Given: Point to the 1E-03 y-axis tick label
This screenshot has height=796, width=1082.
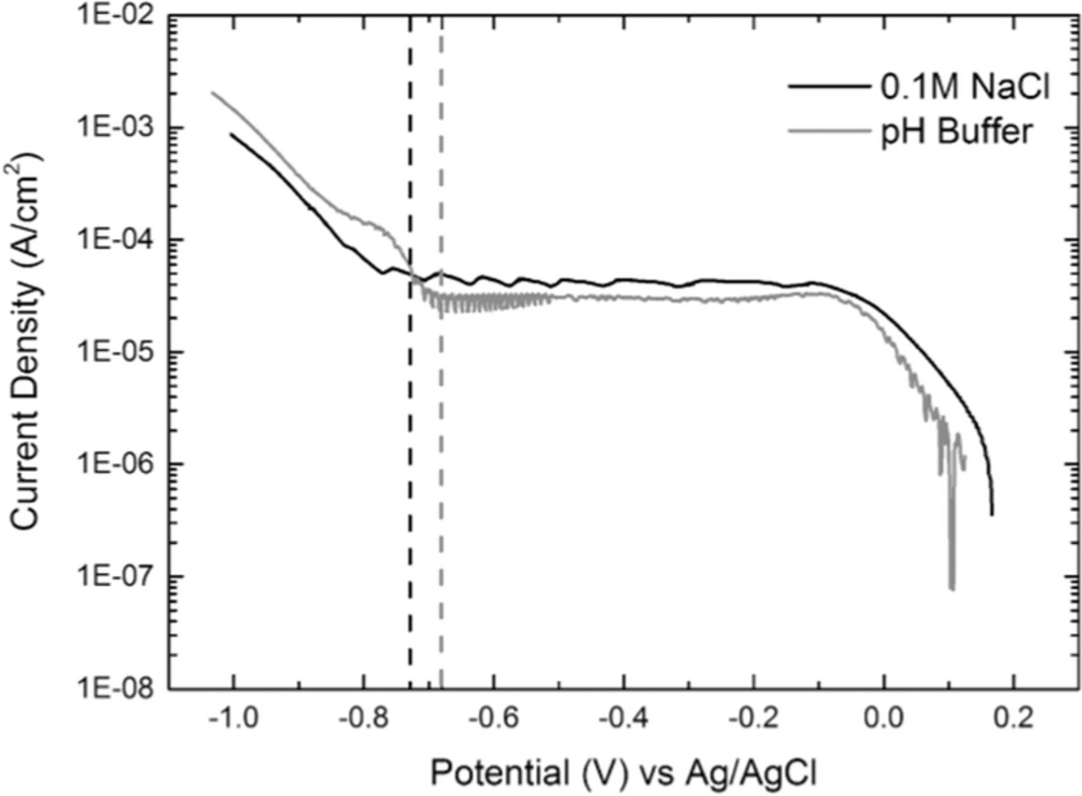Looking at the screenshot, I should click(114, 128).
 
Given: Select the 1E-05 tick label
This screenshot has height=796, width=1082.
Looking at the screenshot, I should click(114, 352).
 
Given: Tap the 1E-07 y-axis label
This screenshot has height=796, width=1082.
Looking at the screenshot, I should click(114, 577).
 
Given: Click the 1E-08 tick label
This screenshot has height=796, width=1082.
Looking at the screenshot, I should click(114, 688).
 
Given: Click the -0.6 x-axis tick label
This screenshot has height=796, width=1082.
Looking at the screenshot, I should click(493, 718).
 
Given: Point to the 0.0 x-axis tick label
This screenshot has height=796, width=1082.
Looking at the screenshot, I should click(884, 718).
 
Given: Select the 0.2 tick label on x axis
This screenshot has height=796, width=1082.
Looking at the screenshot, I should click(1013, 718).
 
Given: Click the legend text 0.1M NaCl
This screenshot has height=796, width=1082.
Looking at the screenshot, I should click(965, 88).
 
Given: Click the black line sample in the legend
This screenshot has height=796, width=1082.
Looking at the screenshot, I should click(830, 87).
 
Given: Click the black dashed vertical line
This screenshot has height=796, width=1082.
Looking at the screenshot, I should click(410, 481).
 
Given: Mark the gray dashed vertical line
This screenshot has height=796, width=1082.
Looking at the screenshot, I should click(441, 481).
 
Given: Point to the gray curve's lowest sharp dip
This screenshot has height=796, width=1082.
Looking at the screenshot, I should click(952, 588).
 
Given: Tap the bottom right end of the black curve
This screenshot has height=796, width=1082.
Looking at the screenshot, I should click(992, 514).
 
